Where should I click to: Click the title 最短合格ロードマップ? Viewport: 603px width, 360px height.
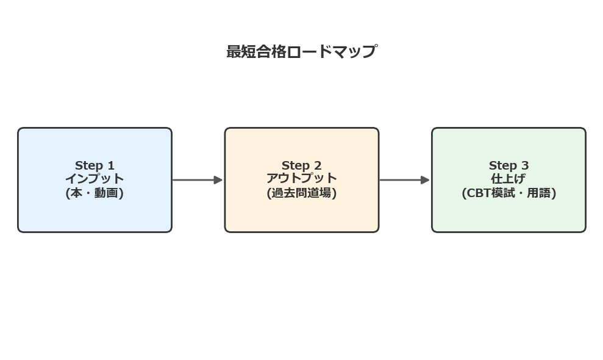[301, 51]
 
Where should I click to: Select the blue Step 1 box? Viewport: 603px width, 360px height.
[95, 214]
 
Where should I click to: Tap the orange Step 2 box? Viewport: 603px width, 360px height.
[301, 214]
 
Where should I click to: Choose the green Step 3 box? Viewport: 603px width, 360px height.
[508, 214]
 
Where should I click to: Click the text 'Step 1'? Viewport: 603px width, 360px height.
[95, 165]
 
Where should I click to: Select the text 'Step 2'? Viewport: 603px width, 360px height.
[301, 165]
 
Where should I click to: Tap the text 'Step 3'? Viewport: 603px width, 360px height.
[508, 165]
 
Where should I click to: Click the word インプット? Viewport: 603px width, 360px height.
[95, 179]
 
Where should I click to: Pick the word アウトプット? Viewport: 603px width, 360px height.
[301, 178]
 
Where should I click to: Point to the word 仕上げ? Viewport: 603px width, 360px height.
[508, 179]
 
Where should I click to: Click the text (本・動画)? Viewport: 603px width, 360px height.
[95, 193]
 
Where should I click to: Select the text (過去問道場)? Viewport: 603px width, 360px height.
[301, 193]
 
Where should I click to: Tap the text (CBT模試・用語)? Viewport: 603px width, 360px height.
[508, 193]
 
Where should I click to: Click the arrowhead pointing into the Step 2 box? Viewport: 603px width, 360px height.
[218, 180]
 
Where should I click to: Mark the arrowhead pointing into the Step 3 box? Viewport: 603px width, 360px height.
[425, 180]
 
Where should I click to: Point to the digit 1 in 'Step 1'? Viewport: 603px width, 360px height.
[111, 165]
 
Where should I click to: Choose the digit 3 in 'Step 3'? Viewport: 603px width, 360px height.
[525, 165]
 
